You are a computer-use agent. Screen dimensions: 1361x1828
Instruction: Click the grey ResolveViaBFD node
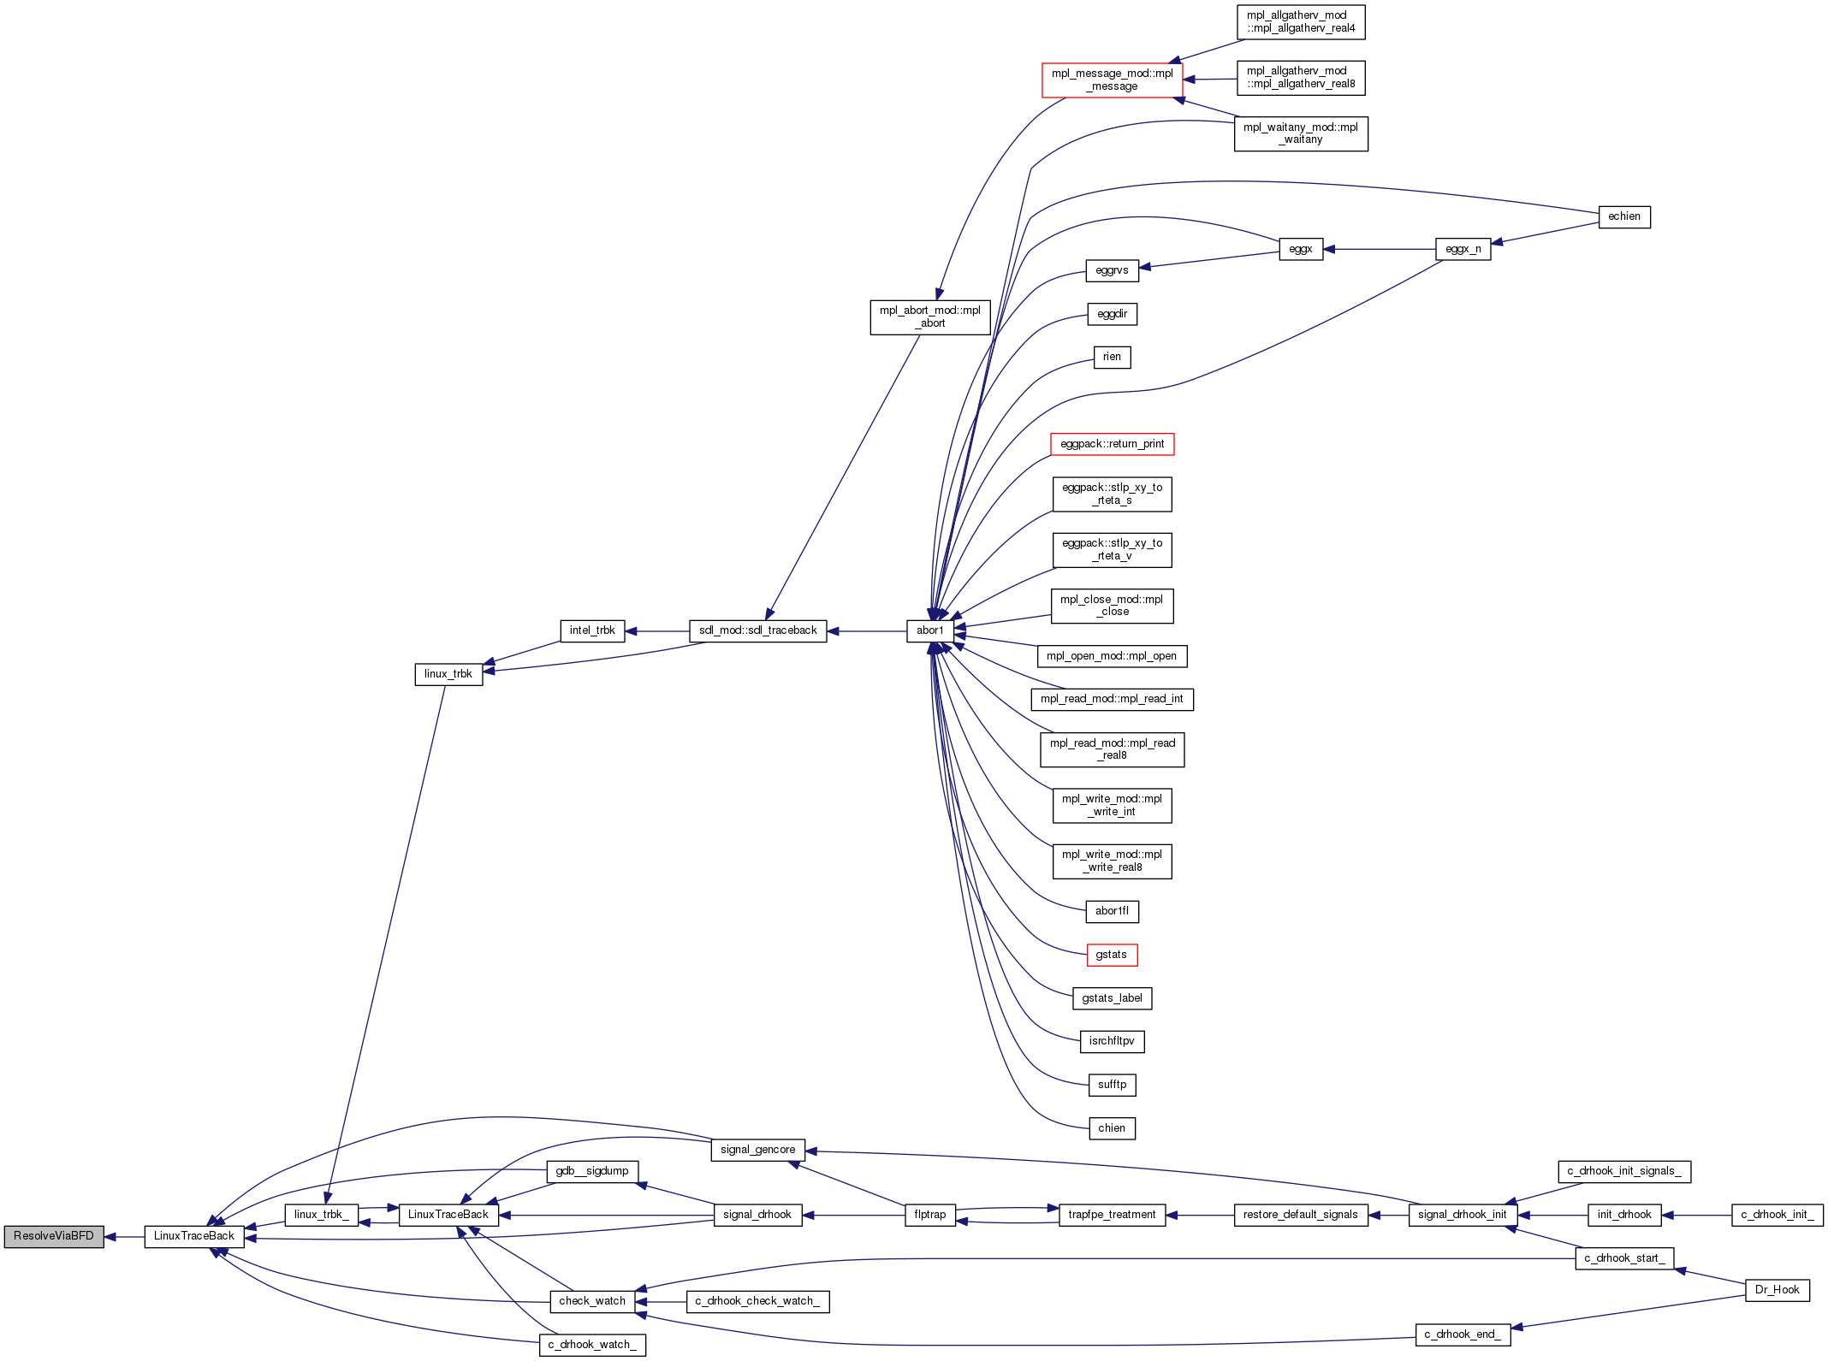pos(54,1236)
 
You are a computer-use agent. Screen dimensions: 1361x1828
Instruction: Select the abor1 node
pos(930,630)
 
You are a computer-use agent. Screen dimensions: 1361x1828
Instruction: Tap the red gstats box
pos(1112,955)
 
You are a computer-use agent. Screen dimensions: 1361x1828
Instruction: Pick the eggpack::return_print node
pos(1112,444)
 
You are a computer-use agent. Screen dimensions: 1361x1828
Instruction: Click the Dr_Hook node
pos(1777,1290)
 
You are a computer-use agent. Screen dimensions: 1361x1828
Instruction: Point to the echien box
pos(1623,216)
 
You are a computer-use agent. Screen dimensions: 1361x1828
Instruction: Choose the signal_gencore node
pos(757,1150)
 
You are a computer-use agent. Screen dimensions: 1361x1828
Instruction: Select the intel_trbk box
pos(592,630)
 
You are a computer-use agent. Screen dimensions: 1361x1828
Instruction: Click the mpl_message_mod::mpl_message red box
pos(1112,80)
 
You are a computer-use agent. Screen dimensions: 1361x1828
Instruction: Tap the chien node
pos(1112,1128)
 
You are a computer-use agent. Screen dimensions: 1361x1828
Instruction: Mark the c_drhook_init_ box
pos(1777,1215)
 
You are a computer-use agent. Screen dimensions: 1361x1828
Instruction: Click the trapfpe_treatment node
pos(1112,1215)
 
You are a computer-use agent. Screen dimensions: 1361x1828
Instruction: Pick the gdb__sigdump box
pos(592,1171)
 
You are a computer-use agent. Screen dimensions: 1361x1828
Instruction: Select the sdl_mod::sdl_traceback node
pos(757,630)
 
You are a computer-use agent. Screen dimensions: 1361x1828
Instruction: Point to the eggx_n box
pos(1463,249)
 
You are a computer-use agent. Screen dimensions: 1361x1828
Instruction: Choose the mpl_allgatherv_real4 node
pos(1301,21)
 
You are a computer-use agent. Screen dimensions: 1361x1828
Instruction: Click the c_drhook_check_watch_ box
pos(757,1301)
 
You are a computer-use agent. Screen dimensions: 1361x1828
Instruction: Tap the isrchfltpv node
pos(1112,1041)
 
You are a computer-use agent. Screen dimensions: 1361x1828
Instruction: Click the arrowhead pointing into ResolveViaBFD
pos(110,1237)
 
